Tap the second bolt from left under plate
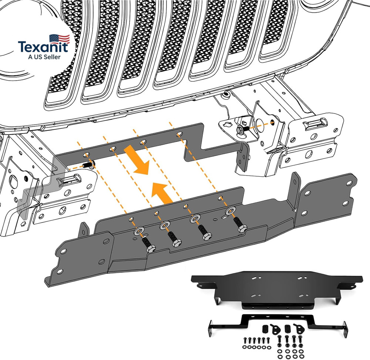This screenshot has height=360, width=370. coord(173,239)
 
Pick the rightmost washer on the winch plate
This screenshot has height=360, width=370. coord(230,211)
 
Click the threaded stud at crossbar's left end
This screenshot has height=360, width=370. coord(88,165)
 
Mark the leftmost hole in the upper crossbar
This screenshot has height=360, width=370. coord(86,154)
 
